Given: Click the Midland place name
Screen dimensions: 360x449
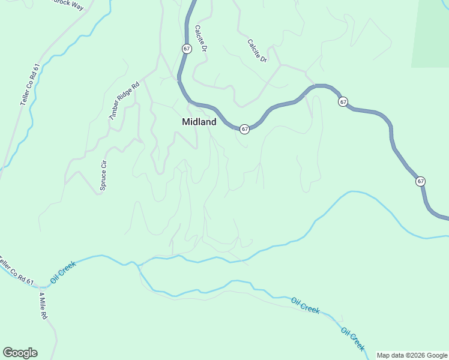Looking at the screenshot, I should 199,122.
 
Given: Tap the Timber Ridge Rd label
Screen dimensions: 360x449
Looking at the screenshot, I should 124,100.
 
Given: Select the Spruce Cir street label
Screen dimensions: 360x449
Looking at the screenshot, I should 103,175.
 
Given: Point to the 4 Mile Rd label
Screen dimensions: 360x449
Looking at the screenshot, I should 42,306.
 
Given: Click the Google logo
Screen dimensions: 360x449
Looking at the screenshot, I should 20,353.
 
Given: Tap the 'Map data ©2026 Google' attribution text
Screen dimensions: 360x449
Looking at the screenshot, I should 412,355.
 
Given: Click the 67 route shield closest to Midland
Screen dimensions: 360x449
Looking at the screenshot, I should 244,129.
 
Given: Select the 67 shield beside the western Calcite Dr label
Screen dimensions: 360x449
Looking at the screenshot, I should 187,49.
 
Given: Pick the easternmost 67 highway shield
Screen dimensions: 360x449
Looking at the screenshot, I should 420,181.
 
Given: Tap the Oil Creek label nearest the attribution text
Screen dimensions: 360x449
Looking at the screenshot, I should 353,339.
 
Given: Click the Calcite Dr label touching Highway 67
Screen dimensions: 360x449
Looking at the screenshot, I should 201,38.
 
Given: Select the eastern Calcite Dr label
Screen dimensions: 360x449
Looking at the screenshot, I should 257,52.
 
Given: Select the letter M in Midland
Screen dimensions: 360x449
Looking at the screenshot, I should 186,122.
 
